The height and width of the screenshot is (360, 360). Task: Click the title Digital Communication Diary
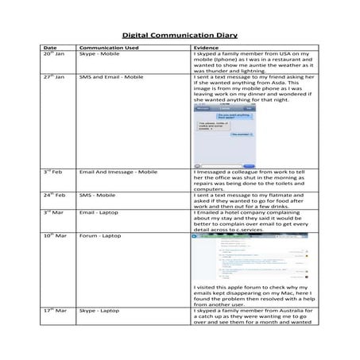180,35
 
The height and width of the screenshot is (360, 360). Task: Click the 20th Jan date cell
54,54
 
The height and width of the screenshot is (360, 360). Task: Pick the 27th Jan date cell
54,77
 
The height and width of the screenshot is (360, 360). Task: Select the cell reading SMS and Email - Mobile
111,77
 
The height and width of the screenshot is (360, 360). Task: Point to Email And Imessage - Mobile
118,172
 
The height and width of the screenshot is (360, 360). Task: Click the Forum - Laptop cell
100,236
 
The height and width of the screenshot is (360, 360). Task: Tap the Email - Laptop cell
99,212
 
